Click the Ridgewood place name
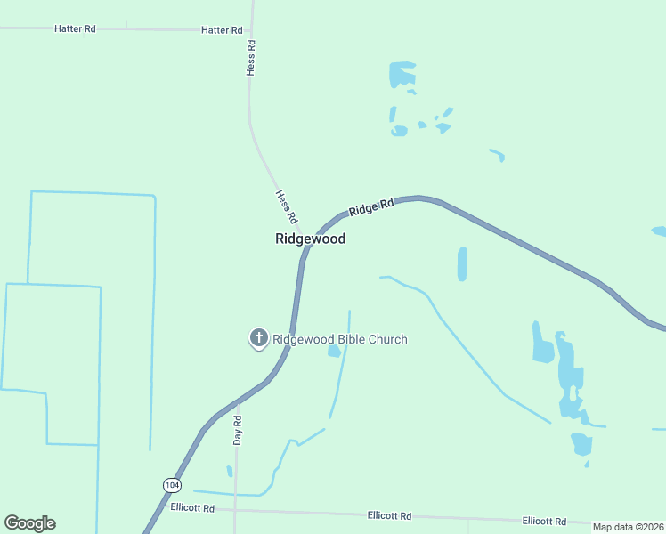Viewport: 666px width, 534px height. pos(310,239)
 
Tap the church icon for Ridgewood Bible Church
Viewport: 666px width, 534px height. pos(258,338)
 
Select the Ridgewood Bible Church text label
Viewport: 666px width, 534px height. pos(339,339)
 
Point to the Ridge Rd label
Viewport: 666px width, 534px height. pos(371,208)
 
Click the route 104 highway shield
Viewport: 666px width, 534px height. pos(172,484)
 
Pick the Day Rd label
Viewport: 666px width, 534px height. pos(238,430)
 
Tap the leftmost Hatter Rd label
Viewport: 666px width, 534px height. pos(75,28)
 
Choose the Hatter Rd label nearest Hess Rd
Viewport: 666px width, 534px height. pos(222,30)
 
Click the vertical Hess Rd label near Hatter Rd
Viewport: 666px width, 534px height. pos(252,57)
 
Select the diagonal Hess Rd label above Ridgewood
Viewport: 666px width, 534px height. pos(286,207)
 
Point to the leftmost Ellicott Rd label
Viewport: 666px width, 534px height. pos(192,509)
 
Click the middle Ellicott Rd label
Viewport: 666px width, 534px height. pos(389,515)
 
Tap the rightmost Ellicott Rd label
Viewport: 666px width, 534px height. pos(545,521)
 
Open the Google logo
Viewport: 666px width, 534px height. pos(30,523)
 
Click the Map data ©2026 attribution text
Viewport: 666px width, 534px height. pos(628,527)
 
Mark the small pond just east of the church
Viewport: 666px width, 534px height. pos(334,351)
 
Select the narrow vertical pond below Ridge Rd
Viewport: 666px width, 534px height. pos(462,263)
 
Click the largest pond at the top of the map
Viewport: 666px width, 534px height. pos(402,74)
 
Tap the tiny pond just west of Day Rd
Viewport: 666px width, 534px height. pos(229,471)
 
